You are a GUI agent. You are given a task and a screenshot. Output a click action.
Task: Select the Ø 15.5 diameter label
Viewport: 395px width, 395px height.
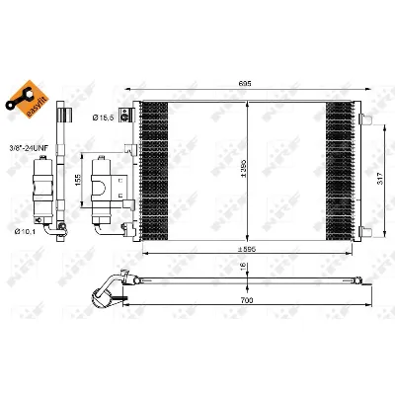tap(106, 118)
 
